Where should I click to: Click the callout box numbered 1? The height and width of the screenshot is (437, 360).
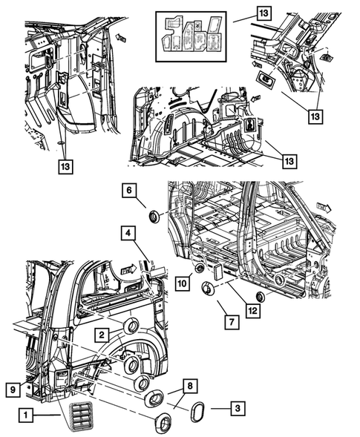[x=26, y=415]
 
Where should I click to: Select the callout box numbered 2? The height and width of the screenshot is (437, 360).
[x=102, y=335]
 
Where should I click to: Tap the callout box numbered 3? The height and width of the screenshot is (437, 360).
[x=238, y=408]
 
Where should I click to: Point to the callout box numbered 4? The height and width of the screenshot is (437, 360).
[x=128, y=233]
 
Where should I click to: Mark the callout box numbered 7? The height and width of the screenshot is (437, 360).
[x=232, y=322]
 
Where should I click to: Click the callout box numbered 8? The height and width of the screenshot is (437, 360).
[x=190, y=387]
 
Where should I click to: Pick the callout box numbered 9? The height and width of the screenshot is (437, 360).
[x=13, y=390]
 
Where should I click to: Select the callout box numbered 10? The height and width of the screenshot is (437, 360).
[x=183, y=283]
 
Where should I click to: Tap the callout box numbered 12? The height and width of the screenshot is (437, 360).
[x=253, y=310]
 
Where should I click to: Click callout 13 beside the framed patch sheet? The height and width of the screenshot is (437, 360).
[x=264, y=13]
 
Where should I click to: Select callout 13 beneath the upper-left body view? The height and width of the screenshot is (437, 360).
[x=65, y=166]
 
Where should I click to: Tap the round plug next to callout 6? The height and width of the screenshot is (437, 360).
[x=154, y=217]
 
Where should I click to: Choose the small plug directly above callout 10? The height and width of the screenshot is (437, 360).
[x=200, y=269]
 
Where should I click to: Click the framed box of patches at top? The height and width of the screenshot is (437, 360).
[x=191, y=36]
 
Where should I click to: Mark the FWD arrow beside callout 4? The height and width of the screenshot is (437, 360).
[x=128, y=270]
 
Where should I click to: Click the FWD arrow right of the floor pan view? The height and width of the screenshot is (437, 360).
[x=324, y=208]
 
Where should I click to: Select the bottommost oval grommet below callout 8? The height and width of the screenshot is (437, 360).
[x=163, y=421]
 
